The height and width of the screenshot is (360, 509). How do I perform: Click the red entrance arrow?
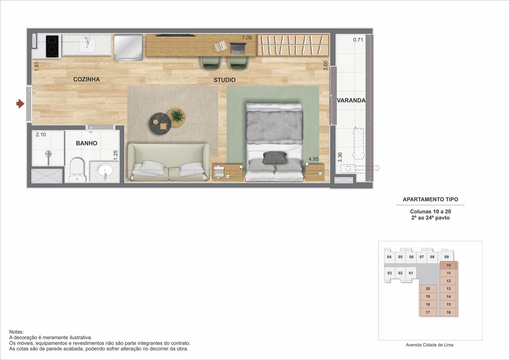(20, 104)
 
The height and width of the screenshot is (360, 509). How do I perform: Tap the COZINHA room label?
(86, 79)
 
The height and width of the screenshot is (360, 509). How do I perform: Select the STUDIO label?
(224, 80)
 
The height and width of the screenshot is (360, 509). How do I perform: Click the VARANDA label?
(351, 100)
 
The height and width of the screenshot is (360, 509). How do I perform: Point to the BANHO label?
(87, 143)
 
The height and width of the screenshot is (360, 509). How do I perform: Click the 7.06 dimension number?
(247, 38)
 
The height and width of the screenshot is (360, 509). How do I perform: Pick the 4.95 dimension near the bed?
(313, 159)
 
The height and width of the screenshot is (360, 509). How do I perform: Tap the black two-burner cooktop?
(52, 46)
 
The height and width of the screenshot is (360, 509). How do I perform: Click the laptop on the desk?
(238, 48)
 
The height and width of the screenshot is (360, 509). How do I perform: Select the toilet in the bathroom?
(77, 170)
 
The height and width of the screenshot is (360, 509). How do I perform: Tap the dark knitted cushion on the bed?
(274, 158)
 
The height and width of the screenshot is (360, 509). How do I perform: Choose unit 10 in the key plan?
(449, 265)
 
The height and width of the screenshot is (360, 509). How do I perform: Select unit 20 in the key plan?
(428, 289)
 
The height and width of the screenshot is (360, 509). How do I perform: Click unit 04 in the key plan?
(389, 257)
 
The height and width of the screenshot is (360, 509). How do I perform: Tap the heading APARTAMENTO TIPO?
(430, 199)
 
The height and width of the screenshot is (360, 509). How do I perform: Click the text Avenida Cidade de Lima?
(429, 345)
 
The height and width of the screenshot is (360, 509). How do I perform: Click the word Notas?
(16, 332)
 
